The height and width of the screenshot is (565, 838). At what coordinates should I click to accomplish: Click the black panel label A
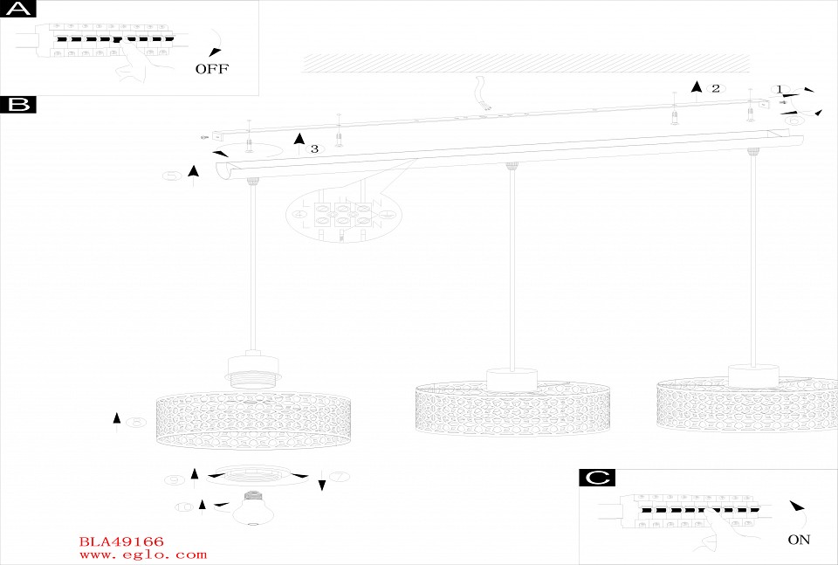[18, 10]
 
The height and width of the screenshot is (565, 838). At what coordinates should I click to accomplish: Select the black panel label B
[18, 106]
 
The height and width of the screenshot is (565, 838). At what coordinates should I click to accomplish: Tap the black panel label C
[597, 478]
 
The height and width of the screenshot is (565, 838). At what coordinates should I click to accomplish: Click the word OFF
[211, 69]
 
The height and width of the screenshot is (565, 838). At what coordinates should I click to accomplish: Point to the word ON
[798, 540]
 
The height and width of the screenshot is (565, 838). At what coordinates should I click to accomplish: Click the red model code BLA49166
[121, 542]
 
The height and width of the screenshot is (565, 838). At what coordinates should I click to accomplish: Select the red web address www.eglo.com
[142, 555]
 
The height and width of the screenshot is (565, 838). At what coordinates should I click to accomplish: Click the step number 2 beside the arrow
[715, 88]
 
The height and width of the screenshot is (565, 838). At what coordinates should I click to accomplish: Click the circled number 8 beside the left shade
[135, 423]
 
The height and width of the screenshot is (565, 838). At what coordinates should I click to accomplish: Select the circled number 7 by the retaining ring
[339, 476]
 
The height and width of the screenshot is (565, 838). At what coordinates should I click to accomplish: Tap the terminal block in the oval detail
[340, 215]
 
